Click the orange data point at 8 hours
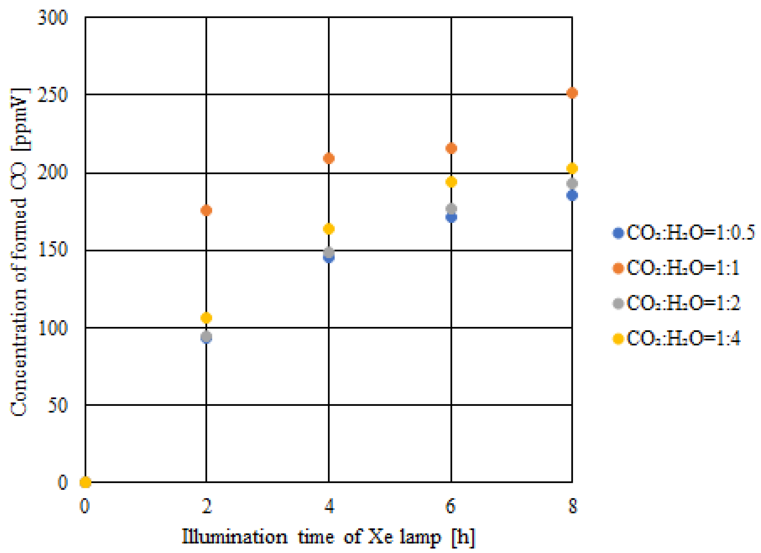(572, 93)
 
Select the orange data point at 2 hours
(206, 210)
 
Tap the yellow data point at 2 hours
(206, 317)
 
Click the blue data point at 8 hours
(572, 195)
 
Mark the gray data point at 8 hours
(572, 183)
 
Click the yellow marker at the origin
(85, 482)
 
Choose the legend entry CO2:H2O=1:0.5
(683, 233)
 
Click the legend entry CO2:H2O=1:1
(676, 268)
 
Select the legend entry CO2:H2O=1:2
(676, 303)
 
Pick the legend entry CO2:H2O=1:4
(676, 338)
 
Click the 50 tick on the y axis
(57, 405)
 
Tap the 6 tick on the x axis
(451, 506)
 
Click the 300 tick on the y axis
(52, 17)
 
